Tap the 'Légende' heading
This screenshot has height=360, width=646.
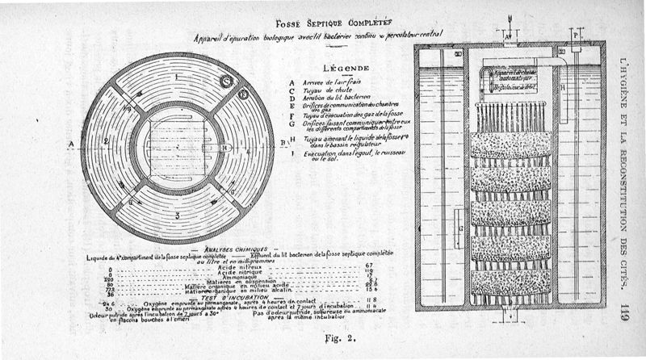pos(346,69)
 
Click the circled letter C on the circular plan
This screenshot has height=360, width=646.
pos(228,79)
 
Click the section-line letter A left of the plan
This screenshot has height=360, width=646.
pos(72,144)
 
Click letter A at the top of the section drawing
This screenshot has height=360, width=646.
pos(505,38)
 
